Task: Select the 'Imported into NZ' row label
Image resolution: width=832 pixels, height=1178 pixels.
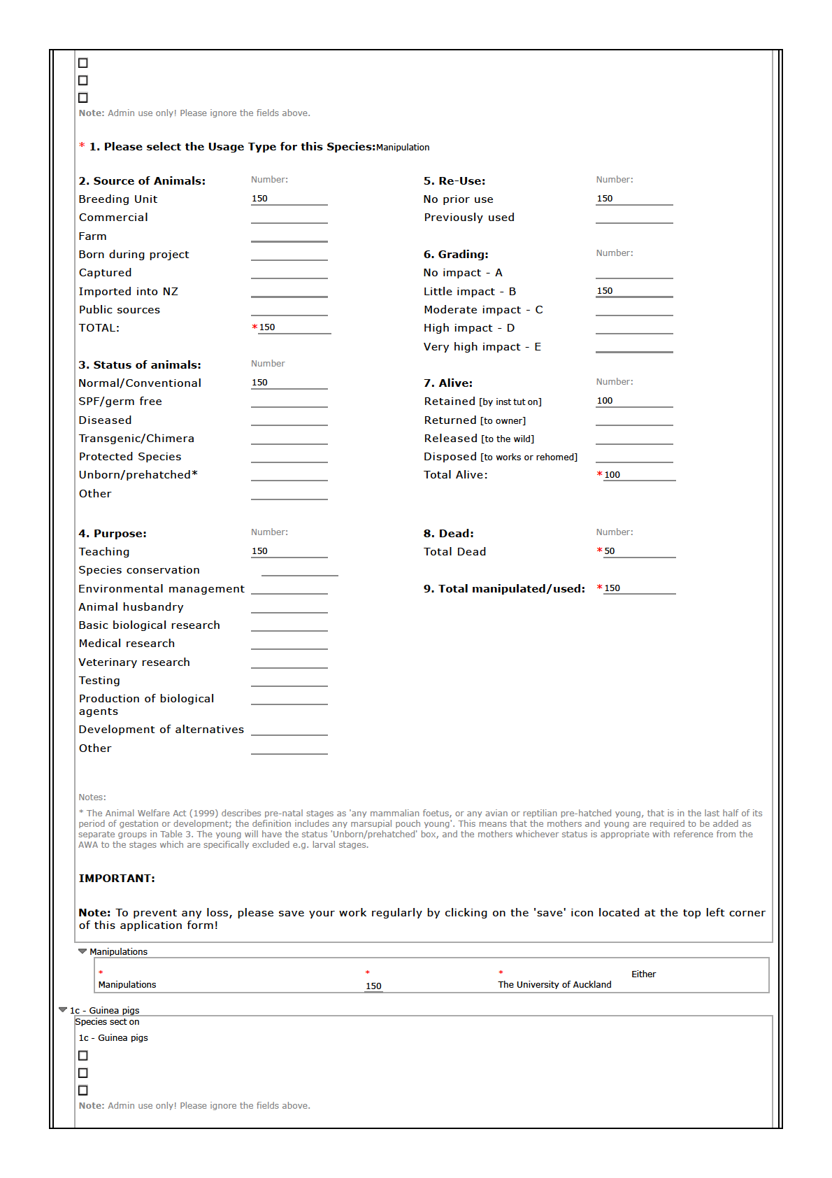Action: click(x=128, y=292)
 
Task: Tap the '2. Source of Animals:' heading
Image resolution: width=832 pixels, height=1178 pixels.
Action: click(x=142, y=181)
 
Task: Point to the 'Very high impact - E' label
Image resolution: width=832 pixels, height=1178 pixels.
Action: click(x=482, y=347)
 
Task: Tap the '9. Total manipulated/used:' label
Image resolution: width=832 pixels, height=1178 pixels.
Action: click(x=504, y=589)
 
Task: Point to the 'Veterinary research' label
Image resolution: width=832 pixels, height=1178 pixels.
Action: click(x=134, y=662)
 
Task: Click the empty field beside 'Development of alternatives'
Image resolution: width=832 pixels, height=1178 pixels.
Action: click(x=289, y=730)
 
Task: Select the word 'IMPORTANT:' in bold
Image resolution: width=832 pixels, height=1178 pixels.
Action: click(x=117, y=879)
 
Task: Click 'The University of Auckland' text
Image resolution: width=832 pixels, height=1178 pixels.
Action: click(x=554, y=985)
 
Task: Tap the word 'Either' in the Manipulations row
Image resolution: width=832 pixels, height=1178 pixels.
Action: click(x=643, y=974)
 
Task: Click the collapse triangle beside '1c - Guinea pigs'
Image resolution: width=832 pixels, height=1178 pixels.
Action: click(x=63, y=1010)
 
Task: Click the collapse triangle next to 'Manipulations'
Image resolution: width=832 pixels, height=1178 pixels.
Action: click(x=83, y=951)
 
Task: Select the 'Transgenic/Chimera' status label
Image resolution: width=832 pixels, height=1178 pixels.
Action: click(x=136, y=439)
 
